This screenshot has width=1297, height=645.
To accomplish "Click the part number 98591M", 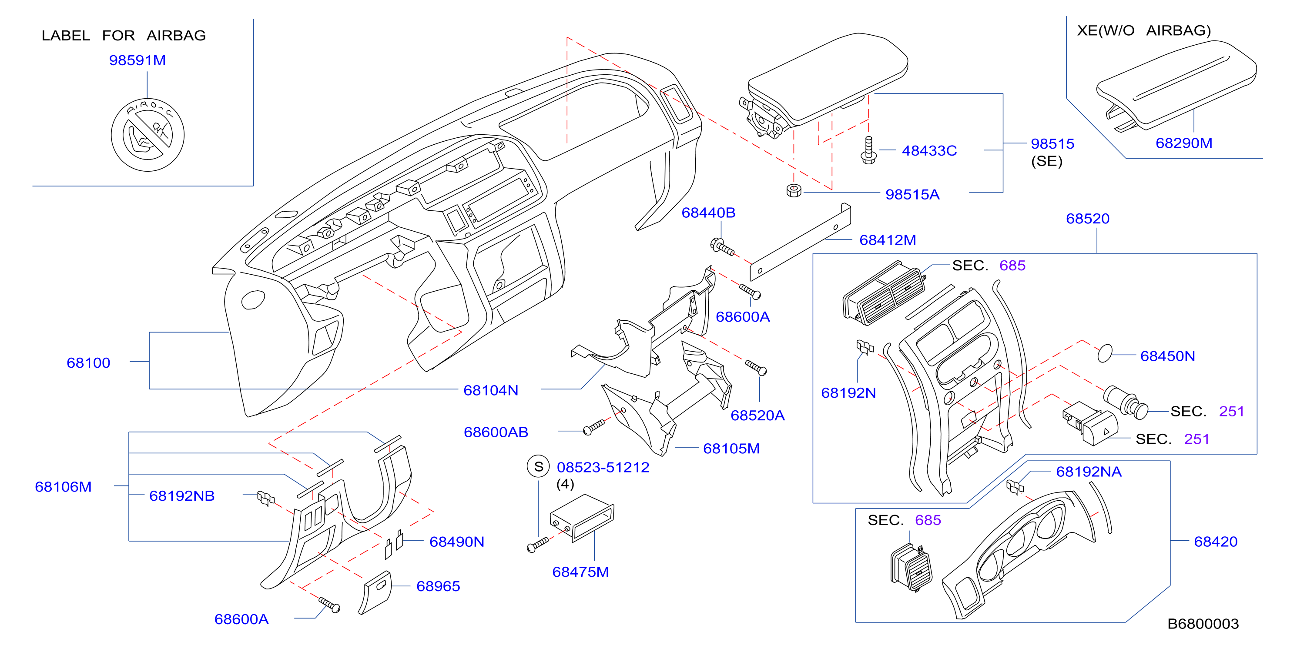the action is click(137, 60).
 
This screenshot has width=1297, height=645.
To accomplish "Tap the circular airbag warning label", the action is click(147, 135).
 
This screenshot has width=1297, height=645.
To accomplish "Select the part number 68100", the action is click(88, 363).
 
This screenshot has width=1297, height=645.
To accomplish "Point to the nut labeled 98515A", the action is click(794, 190).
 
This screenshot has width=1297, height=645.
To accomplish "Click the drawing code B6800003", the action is click(1203, 624).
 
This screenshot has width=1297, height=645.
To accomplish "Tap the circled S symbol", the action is click(538, 466).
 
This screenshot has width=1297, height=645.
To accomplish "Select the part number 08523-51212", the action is click(603, 467).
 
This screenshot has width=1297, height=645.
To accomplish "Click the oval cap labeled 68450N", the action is click(1105, 353).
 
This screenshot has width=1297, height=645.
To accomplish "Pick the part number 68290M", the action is click(1184, 143).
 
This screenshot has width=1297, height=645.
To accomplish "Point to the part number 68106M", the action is click(63, 487).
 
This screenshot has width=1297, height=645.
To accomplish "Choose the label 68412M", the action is click(887, 240).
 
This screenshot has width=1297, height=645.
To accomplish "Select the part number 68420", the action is click(1216, 542).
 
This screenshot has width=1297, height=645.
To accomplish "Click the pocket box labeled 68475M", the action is click(582, 518).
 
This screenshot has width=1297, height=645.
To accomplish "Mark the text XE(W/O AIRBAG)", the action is click(1143, 31).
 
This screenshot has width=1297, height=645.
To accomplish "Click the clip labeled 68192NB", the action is click(266, 498).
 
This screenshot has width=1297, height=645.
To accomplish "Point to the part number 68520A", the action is click(757, 416).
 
